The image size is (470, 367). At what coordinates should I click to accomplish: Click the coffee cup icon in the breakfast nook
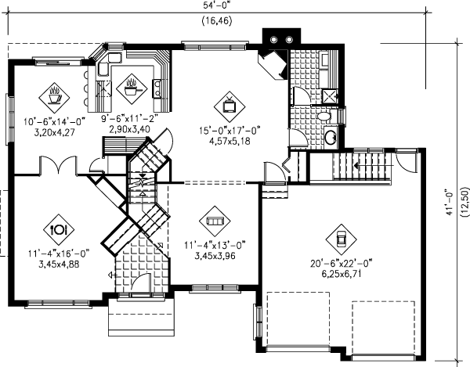pos(55,95)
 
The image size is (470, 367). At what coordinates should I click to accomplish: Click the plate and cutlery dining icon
pos(56,229)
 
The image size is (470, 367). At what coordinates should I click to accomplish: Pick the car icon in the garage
pos(341,236)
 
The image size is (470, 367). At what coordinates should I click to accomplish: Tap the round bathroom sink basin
pos(331,139)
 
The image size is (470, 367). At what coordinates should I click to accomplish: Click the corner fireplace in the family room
pos(274,64)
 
